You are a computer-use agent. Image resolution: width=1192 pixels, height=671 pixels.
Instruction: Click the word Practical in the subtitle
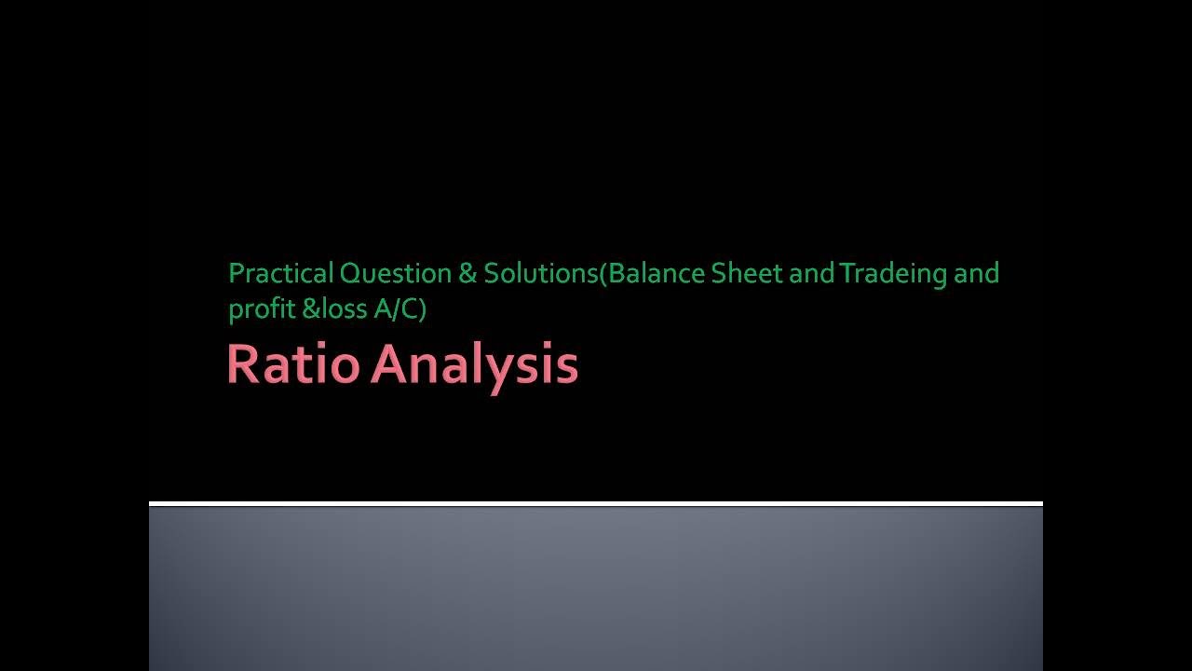(280, 274)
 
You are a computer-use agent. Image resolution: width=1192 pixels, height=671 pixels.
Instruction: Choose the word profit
(261, 309)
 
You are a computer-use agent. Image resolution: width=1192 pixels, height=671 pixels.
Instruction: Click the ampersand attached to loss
(310, 309)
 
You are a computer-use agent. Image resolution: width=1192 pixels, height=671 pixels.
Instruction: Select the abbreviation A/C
(395, 309)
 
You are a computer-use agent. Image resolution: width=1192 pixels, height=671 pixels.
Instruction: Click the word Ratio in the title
(294, 364)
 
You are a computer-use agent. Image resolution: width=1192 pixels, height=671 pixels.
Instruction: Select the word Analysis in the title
(475, 364)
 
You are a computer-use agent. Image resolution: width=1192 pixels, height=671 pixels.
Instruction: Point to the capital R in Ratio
(242, 364)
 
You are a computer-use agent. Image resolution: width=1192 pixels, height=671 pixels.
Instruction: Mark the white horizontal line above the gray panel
(596, 503)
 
